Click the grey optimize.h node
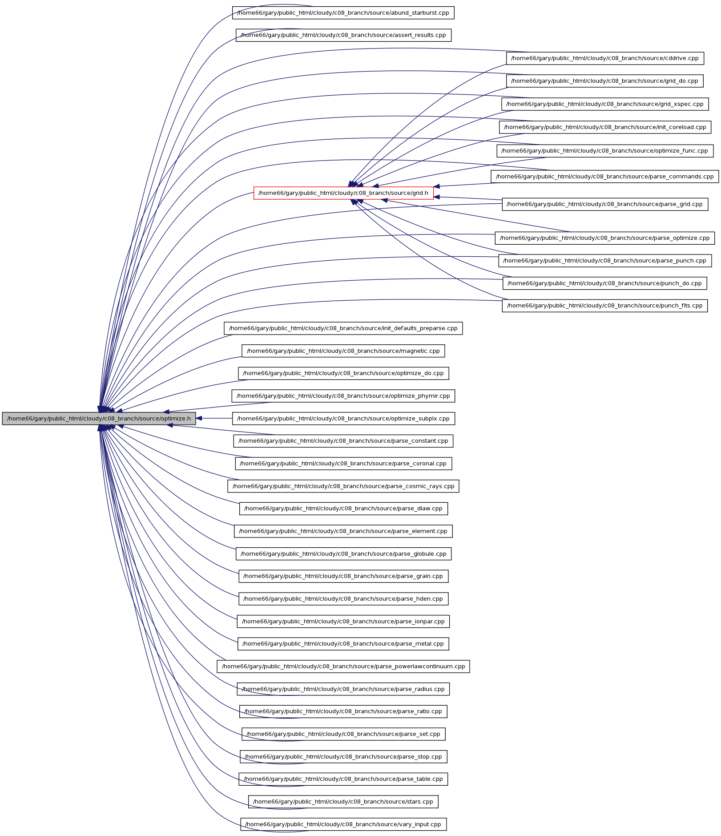click(99, 418)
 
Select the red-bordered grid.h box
click(343, 193)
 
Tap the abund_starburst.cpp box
click(343, 12)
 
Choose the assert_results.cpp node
click(343, 35)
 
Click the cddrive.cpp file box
click(605, 58)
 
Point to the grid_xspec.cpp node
click(605, 104)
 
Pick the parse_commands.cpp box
click(605, 176)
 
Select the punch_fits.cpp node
click(605, 306)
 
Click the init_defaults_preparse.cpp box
click(343, 328)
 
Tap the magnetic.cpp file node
click(343, 351)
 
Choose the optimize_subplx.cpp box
click(343, 418)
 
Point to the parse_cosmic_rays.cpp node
click(343, 486)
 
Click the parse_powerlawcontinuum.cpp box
click(343, 666)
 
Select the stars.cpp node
click(343, 802)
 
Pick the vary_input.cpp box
click(343, 824)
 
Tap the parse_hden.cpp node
click(343, 599)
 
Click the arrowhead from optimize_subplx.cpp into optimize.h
click(200, 418)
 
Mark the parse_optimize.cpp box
click(605, 238)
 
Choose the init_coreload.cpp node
click(605, 127)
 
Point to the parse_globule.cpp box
click(343, 554)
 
